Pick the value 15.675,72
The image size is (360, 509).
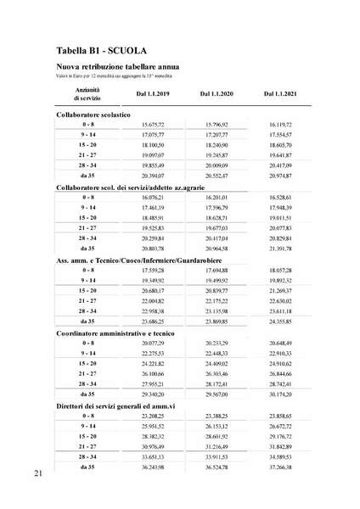(158, 124)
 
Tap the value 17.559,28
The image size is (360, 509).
(158, 271)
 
